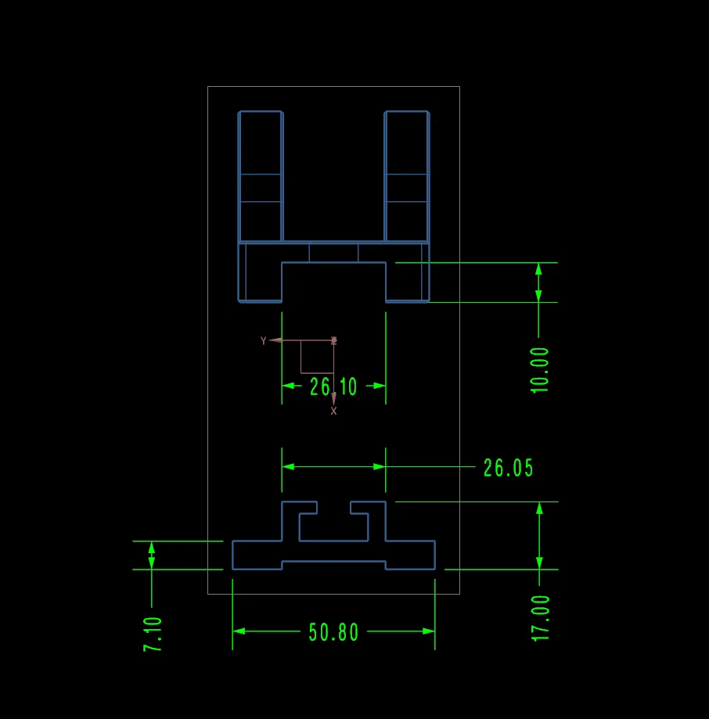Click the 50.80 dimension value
(x=334, y=632)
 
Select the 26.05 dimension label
(x=508, y=468)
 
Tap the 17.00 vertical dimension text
(x=541, y=618)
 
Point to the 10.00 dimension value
(x=540, y=369)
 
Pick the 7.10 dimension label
(x=153, y=635)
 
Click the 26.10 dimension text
(x=333, y=386)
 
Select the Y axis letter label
(x=264, y=340)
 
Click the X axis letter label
(x=334, y=411)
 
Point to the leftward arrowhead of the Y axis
(x=275, y=340)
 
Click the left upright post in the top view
(x=260, y=176)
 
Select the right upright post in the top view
(x=407, y=176)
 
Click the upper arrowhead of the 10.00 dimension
(x=538, y=269)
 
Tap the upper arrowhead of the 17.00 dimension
(x=538, y=509)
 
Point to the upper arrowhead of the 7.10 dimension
(x=152, y=547)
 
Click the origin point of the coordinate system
(x=334, y=340)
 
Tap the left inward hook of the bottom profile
(x=308, y=508)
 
